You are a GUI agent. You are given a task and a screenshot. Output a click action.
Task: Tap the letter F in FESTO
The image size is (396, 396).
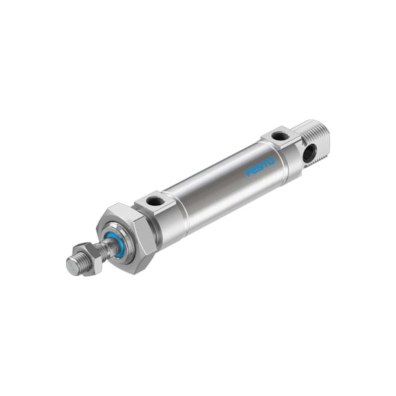click(250, 173)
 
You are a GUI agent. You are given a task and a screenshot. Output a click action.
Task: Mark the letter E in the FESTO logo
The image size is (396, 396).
click(255, 170)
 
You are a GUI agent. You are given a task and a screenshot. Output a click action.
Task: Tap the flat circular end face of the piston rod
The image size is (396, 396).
click(72, 266)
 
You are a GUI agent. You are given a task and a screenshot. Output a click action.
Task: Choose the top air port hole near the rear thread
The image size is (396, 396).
click(280, 137)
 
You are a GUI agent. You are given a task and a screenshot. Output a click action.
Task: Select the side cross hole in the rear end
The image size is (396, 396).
click(309, 153)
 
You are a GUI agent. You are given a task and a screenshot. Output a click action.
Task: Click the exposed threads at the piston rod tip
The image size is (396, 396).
click(78, 262)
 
